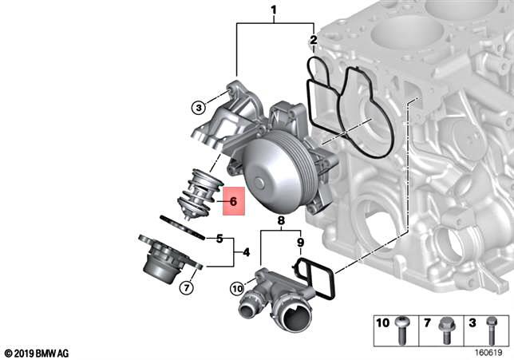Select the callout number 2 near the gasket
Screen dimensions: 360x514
coord(314,40)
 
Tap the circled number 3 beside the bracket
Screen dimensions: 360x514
coord(197,107)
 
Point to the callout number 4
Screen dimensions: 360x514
coord(246,252)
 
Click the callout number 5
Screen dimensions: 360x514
coord(219,238)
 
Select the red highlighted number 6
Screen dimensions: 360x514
coord(233,202)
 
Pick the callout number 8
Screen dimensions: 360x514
coord(281,220)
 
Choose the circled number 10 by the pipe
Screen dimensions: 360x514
coord(237,287)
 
